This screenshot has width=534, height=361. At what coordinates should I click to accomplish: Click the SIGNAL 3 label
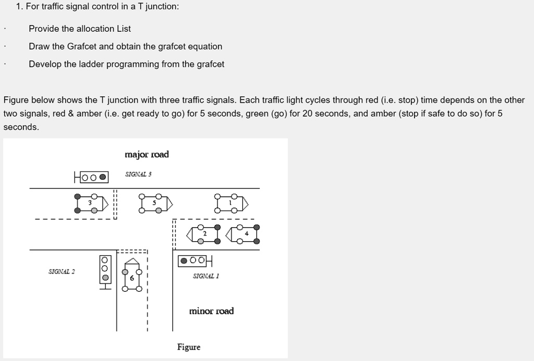pyautogui.click(x=138, y=174)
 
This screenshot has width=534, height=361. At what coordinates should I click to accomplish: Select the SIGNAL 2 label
pyautogui.click(x=62, y=271)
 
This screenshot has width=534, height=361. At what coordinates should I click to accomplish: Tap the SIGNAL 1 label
pyautogui.click(x=205, y=276)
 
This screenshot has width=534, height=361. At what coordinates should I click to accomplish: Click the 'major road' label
pyautogui.click(x=147, y=154)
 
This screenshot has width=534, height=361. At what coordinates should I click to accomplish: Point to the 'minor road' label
pyautogui.click(x=211, y=311)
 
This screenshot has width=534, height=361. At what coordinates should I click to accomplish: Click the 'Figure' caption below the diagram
pyautogui.click(x=188, y=347)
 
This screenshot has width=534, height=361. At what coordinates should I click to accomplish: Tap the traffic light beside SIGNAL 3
pyautogui.click(x=91, y=177)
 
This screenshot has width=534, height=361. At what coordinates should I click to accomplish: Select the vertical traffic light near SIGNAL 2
pyautogui.click(x=105, y=269)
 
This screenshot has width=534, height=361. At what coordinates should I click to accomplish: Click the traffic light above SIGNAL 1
pyautogui.click(x=195, y=260)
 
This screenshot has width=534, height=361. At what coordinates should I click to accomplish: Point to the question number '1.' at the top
pyautogui.click(x=19, y=7)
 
